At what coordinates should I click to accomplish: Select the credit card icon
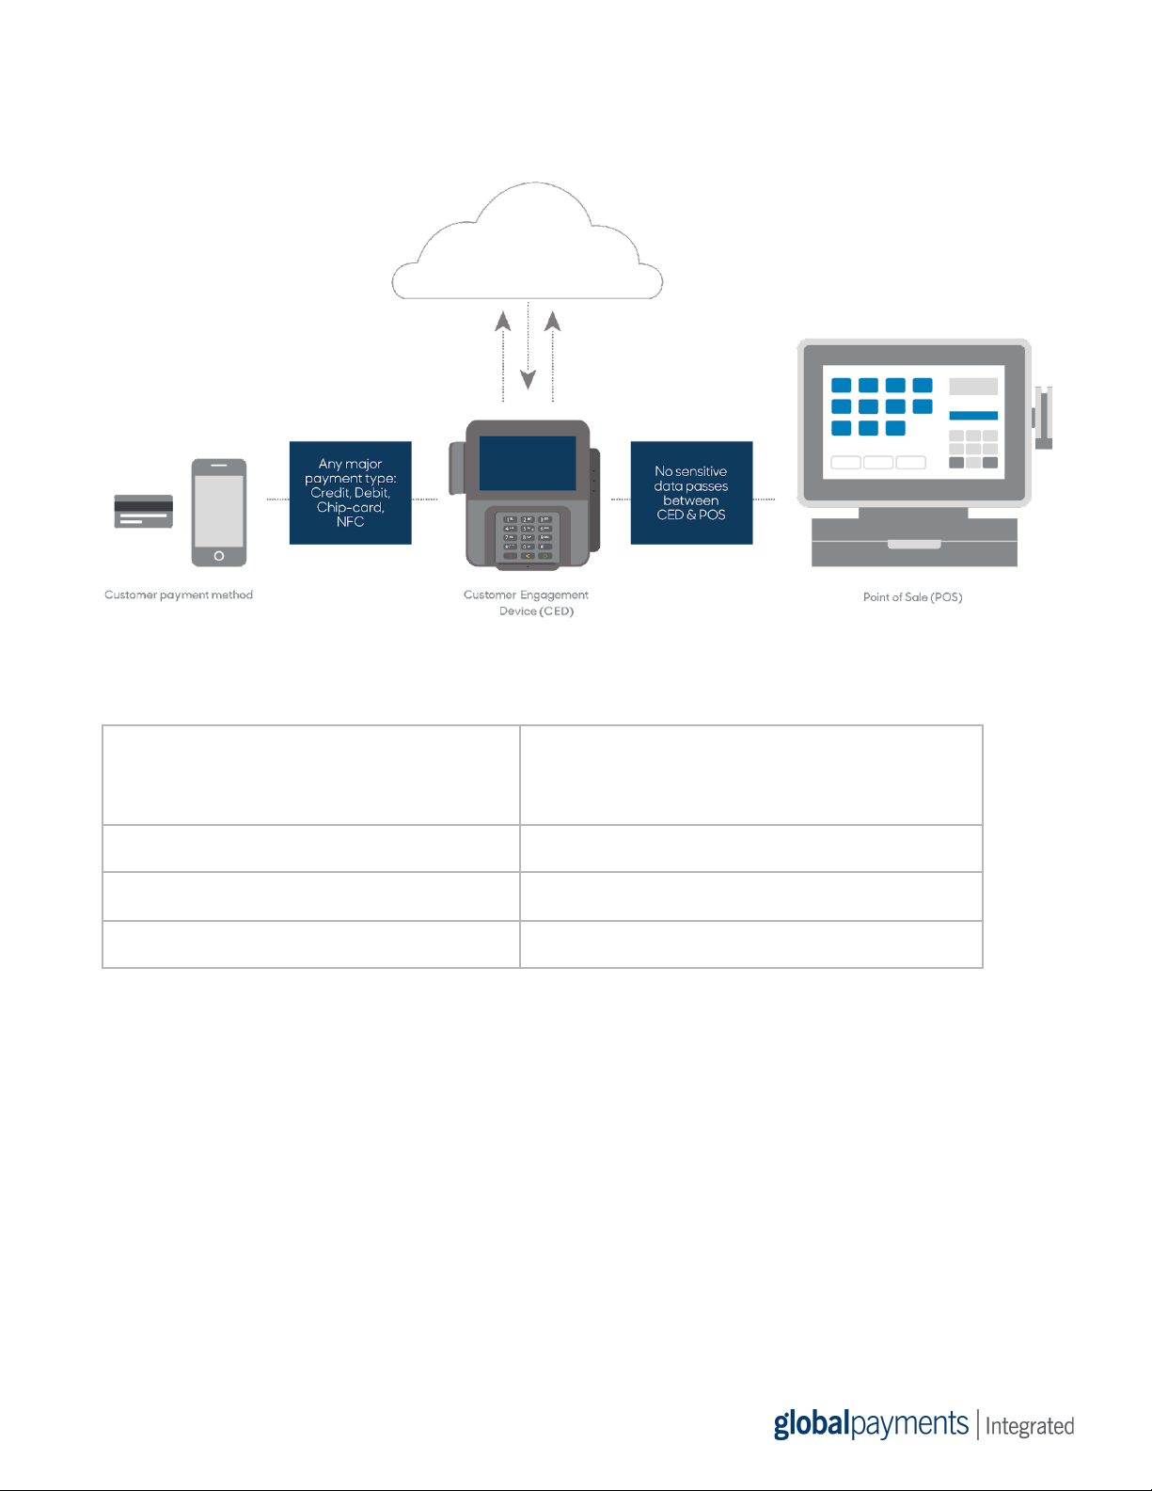pyautogui.click(x=143, y=511)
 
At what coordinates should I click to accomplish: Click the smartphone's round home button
pyautogui.click(x=219, y=556)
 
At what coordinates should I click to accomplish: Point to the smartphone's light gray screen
pyautogui.click(x=219, y=511)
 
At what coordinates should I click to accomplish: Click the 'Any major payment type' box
pyautogui.click(x=351, y=493)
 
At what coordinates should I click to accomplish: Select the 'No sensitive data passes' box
pyautogui.click(x=691, y=493)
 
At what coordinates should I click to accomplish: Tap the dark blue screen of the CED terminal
pyautogui.click(x=528, y=463)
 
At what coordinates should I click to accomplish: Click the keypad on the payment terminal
pyautogui.click(x=528, y=537)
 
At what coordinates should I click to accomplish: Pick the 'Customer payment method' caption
pyautogui.click(x=179, y=595)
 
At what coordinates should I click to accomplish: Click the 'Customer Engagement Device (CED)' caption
pyautogui.click(x=527, y=603)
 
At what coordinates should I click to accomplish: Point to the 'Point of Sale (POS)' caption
pyautogui.click(x=913, y=597)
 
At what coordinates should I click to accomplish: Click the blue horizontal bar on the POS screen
pyautogui.click(x=973, y=416)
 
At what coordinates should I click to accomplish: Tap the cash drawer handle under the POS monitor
pyautogui.click(x=914, y=545)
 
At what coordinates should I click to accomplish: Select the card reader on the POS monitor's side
pyautogui.click(x=1043, y=418)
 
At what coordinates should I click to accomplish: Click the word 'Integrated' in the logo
pyautogui.click(x=1029, y=1426)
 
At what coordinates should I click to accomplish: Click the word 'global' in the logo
pyautogui.click(x=812, y=1424)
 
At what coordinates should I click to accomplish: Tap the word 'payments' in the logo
pyautogui.click(x=909, y=1424)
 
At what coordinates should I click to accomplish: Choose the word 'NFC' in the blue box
pyautogui.click(x=351, y=521)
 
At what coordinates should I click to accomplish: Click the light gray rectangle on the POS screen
pyautogui.click(x=973, y=387)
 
